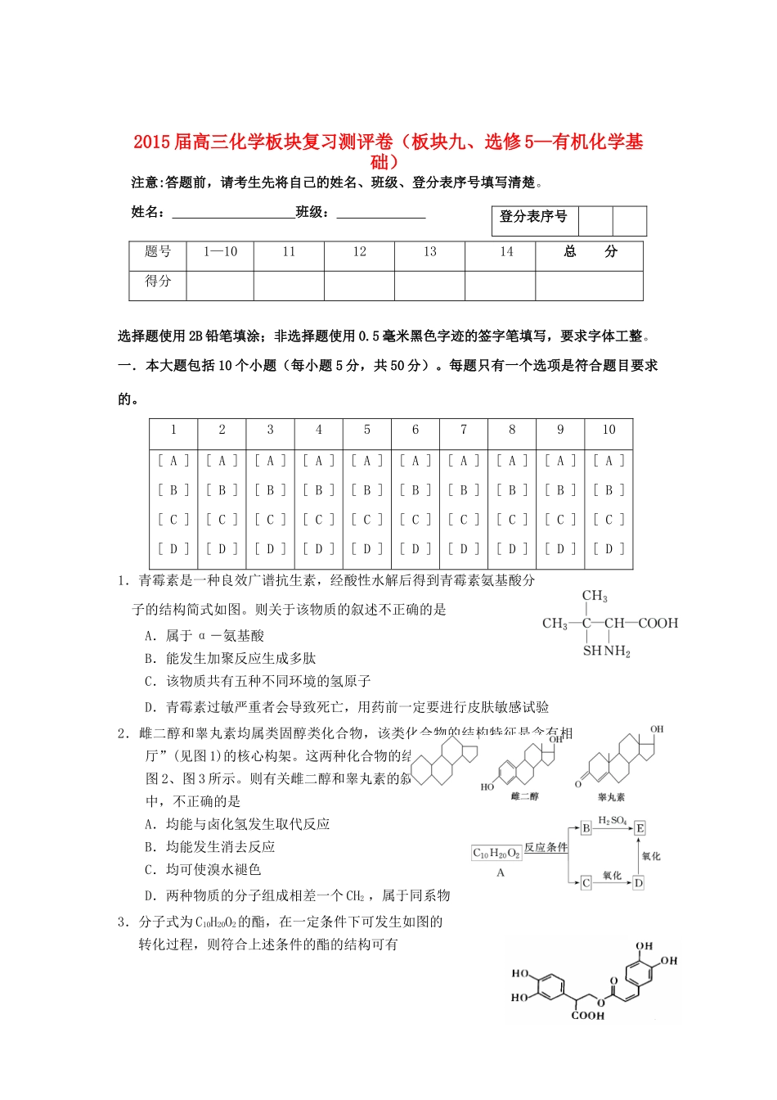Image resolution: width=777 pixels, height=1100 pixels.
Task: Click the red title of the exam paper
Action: (388, 151)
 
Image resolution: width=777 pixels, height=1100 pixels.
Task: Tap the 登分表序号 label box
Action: (532, 217)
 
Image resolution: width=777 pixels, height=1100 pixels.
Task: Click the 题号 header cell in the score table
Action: (158, 252)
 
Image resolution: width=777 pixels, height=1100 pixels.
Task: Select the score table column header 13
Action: (429, 252)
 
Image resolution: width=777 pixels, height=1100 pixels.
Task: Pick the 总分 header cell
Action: (590, 252)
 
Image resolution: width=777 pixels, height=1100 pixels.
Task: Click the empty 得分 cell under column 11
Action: (289, 284)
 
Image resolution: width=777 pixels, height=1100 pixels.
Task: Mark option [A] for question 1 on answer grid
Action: (173, 461)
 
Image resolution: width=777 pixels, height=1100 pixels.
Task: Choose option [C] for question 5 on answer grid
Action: (367, 520)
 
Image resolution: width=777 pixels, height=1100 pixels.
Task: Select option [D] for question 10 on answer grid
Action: (609, 548)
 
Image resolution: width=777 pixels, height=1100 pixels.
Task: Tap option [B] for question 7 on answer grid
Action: (464, 490)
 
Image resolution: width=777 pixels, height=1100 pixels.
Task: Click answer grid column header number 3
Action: (270, 430)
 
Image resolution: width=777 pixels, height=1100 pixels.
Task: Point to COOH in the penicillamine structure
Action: (658, 624)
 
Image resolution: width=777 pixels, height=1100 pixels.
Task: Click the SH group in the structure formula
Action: (592, 651)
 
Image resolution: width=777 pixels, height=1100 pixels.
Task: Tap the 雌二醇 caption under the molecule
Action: (524, 796)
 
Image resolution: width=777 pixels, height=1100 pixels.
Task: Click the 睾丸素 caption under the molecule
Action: (611, 796)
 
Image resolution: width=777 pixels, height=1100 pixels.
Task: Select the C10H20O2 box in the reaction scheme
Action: (496, 854)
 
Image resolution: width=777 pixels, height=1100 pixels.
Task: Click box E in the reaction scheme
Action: (640, 828)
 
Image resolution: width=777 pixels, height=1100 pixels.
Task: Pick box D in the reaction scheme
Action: (639, 882)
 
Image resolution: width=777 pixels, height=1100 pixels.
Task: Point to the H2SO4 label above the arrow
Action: (612, 820)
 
